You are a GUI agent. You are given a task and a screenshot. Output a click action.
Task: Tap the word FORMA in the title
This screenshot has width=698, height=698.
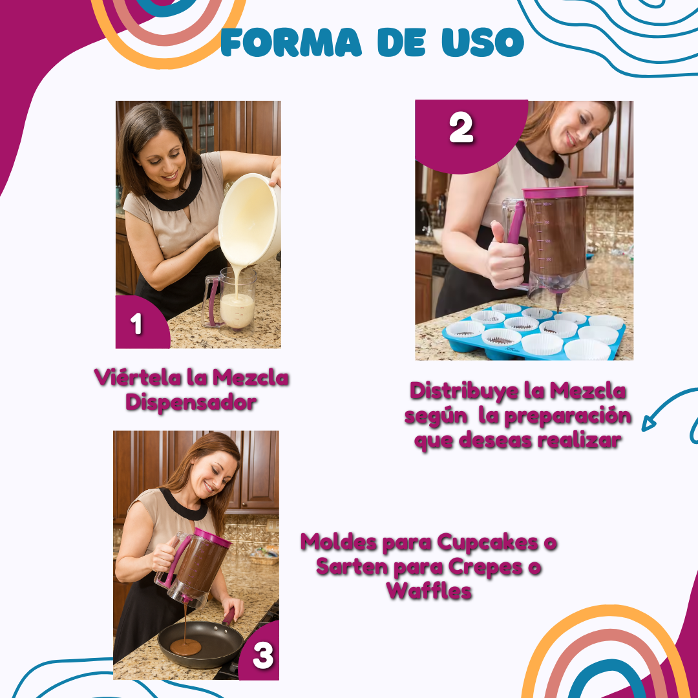[291, 42]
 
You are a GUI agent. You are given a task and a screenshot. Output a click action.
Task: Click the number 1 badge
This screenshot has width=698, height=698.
[142, 322]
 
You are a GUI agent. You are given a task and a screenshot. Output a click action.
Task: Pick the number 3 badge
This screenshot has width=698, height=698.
[260, 652]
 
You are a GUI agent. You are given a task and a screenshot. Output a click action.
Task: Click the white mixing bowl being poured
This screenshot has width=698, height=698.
[249, 219]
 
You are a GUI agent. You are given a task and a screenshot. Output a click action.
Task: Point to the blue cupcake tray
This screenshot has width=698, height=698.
[534, 332]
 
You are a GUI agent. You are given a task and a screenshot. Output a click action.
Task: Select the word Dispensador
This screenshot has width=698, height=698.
[191, 403]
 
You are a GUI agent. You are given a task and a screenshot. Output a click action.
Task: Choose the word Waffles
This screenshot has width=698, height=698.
[428, 591]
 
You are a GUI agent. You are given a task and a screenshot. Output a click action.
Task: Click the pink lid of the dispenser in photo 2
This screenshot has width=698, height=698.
[555, 193]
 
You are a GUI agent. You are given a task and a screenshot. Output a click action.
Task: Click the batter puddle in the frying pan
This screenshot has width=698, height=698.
[185, 647]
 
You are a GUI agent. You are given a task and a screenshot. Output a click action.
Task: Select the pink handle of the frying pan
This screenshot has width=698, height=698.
[229, 617]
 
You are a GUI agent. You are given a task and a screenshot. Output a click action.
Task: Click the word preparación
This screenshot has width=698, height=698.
[568, 417]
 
